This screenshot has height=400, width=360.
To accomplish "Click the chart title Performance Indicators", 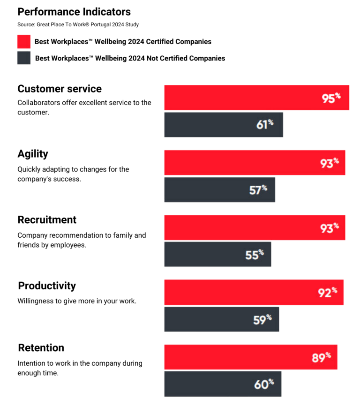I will [74, 12].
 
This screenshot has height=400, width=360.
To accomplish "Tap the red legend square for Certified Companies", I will [24, 42].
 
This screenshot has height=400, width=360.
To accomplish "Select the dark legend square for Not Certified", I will [24, 58].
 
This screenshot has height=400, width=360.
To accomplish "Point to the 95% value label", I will [330, 98].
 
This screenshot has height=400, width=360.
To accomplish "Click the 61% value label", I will [264, 125].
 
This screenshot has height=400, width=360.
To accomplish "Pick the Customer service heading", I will [60, 89].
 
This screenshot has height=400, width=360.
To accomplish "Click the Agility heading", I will [33, 154].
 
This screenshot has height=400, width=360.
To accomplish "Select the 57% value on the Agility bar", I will [258, 190].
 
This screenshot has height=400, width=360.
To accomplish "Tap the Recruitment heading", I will [47, 219].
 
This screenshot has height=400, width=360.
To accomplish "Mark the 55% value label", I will [255, 255].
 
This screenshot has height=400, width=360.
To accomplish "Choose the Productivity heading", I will [47, 286].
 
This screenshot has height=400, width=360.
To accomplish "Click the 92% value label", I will [327, 293].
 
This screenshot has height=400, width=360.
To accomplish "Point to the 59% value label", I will [262, 319].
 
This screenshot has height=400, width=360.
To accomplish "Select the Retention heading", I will [41, 347].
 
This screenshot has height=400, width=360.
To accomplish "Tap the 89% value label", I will [321, 357].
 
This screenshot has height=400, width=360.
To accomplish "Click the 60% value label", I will [264, 384].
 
